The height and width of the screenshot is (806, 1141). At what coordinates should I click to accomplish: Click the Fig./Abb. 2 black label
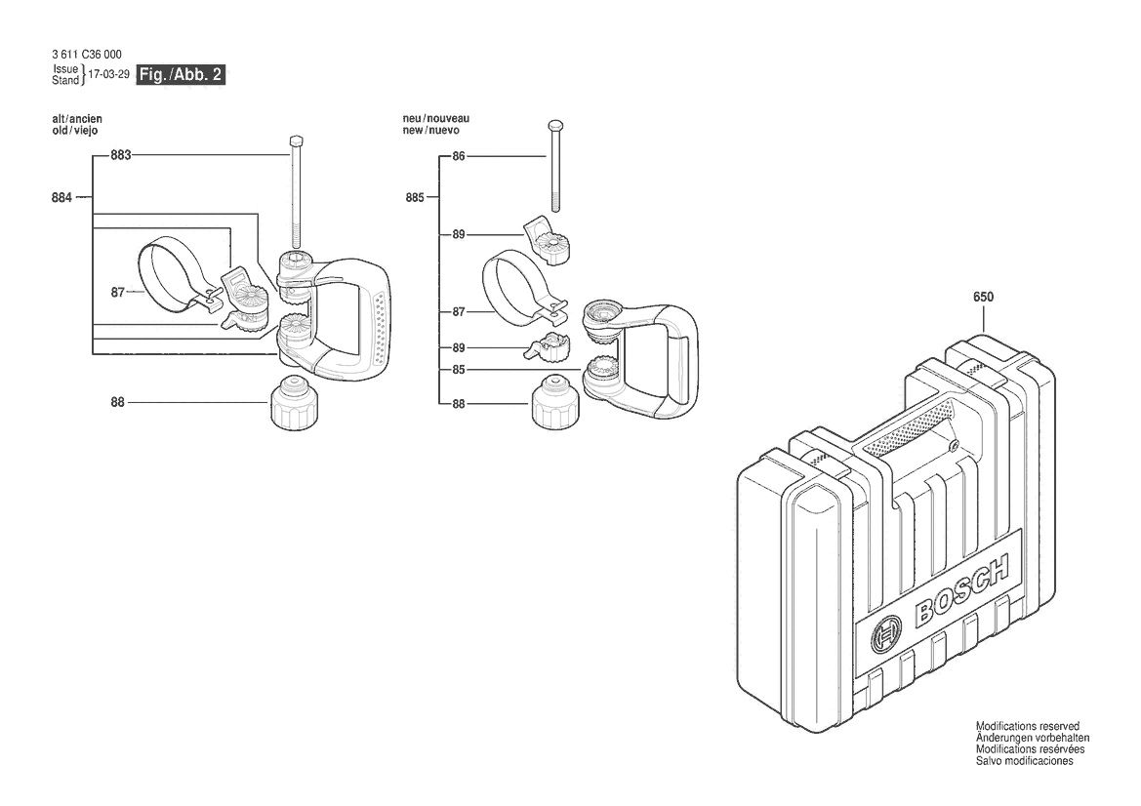pyautogui.click(x=182, y=75)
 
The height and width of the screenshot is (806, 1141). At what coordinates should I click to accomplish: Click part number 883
pyautogui.click(x=121, y=155)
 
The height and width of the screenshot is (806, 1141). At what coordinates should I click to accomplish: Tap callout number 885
pyautogui.click(x=415, y=198)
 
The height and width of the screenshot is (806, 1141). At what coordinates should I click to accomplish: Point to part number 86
pyautogui.click(x=459, y=156)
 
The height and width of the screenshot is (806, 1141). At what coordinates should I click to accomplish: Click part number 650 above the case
pyautogui.click(x=983, y=297)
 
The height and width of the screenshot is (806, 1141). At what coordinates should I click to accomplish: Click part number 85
pyautogui.click(x=459, y=370)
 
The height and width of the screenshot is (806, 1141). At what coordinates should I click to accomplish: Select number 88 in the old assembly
pyautogui.click(x=117, y=401)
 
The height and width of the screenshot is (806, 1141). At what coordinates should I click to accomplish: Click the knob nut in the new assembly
pyautogui.click(x=554, y=404)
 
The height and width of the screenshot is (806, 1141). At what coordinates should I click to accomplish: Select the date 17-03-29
pyautogui.click(x=108, y=75)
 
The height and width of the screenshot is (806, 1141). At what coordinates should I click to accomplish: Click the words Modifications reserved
pyautogui.click(x=1027, y=726)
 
